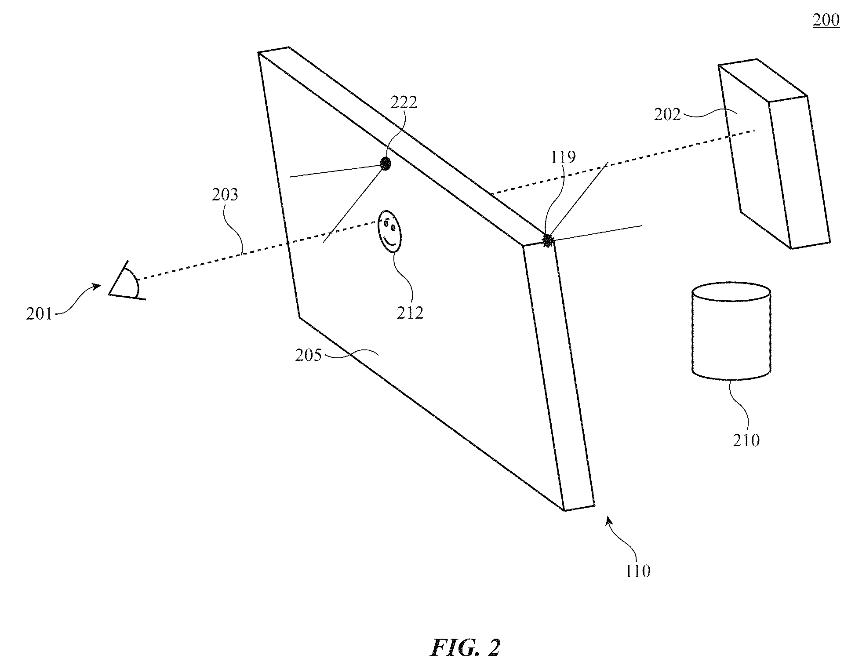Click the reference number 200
tap(826, 20)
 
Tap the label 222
tap(404, 102)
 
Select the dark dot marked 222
tap(385, 164)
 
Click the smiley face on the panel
tap(390, 231)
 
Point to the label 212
tap(410, 313)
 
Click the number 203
tap(225, 194)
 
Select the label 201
tap(39, 314)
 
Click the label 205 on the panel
tap(309, 355)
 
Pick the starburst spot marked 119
tap(548, 240)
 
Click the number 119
tap(563, 157)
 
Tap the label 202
tap(667, 115)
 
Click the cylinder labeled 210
tap(731, 331)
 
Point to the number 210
tap(746, 440)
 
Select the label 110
tap(637, 571)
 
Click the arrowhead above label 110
tap(609, 521)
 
